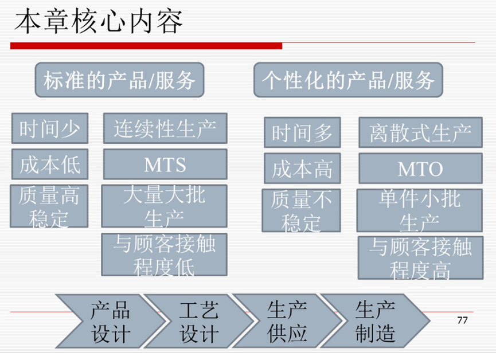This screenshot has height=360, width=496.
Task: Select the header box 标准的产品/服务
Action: point(119,80)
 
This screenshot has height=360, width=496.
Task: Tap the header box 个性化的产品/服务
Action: point(348,80)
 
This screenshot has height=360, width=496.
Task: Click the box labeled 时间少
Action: point(49,128)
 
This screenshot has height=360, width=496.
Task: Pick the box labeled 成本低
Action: point(49,165)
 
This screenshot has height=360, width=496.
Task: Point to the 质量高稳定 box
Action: point(49,205)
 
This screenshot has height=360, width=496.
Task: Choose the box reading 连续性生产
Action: point(165,128)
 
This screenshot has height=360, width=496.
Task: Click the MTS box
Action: point(165,165)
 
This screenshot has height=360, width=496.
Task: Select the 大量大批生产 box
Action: point(165,205)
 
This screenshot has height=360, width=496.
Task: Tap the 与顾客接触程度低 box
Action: point(165,254)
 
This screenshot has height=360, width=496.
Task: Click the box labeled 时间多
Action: point(302,132)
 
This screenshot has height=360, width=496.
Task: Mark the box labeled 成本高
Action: point(302,169)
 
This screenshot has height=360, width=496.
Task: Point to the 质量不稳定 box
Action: point(302,209)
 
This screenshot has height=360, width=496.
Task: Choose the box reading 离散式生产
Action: point(420,132)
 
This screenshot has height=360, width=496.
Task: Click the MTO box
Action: point(420,169)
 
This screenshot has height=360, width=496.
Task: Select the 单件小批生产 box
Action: point(420,209)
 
